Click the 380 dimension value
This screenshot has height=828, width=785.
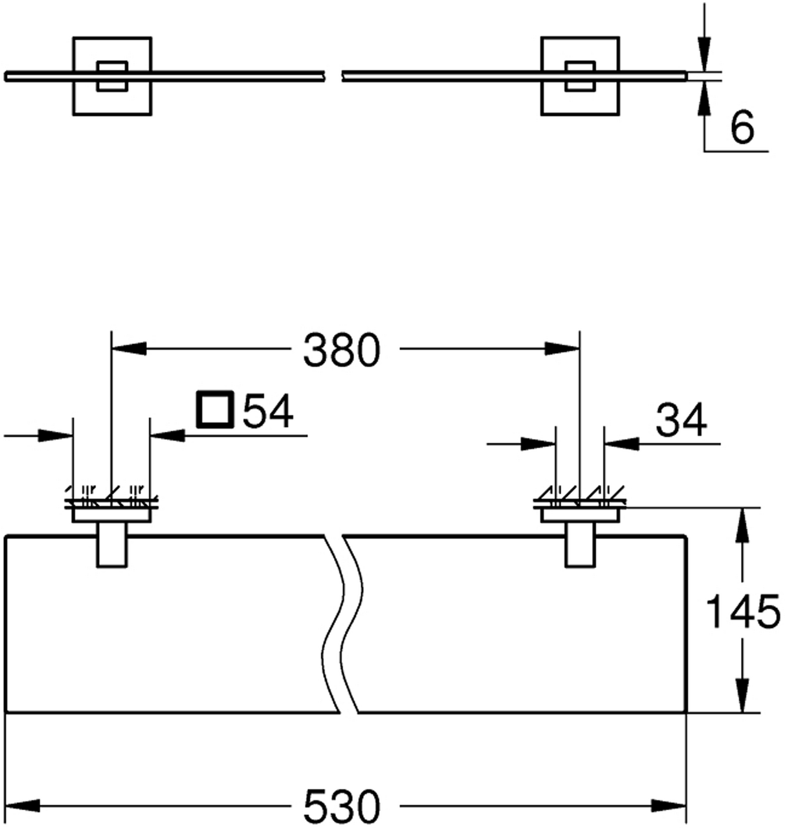click(x=342, y=351)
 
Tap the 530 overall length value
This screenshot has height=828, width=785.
click(x=342, y=806)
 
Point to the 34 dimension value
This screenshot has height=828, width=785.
click(x=681, y=421)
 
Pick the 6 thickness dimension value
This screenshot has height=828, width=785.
click(x=742, y=128)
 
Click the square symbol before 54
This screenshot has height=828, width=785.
click(x=214, y=409)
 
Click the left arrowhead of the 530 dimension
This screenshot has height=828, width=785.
click(x=22, y=806)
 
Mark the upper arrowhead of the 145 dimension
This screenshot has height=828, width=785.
click(x=742, y=524)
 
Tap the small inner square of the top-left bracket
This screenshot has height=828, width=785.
click(x=112, y=76)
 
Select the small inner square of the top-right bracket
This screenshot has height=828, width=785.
click(x=580, y=76)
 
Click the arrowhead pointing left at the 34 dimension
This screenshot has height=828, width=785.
click(x=620, y=444)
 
